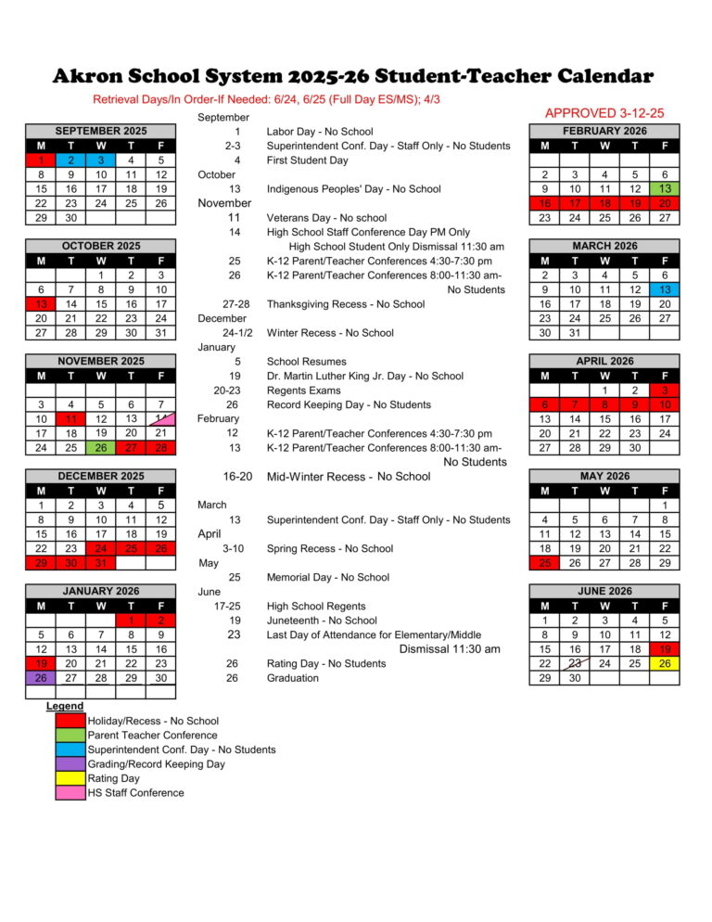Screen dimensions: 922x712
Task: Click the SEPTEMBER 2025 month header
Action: pyautogui.click(x=101, y=132)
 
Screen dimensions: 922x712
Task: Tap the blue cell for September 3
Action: pyautogui.click(x=101, y=160)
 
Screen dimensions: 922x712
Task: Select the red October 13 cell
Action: pyautogui.click(x=41, y=303)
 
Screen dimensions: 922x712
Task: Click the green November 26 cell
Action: pyautogui.click(x=101, y=447)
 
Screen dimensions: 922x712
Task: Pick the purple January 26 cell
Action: pyautogui.click(x=41, y=677)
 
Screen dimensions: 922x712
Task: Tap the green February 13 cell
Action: pyautogui.click(x=665, y=189)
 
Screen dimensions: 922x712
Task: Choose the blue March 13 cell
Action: pyautogui.click(x=665, y=289)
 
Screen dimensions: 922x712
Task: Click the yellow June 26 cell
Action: pyautogui.click(x=665, y=663)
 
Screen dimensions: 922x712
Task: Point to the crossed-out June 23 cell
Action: pyautogui.click(x=575, y=663)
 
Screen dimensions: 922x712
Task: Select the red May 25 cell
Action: pyautogui.click(x=544, y=562)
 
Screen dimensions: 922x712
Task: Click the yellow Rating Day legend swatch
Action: pyautogui.click(x=70, y=778)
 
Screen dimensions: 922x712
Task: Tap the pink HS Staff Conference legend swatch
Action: pyautogui.click(x=70, y=793)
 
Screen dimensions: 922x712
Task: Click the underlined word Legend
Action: pyautogui.click(x=65, y=707)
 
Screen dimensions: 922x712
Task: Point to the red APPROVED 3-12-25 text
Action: pyautogui.click(x=604, y=113)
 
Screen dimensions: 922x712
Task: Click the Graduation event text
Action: pyautogui.click(x=292, y=678)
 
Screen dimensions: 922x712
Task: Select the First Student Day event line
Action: pyautogui.click(x=307, y=160)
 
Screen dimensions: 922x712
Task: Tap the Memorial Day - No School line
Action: pyautogui.click(x=327, y=577)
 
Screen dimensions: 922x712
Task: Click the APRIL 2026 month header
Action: pyautogui.click(x=604, y=361)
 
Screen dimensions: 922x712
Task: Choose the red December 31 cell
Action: pyautogui.click(x=101, y=562)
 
